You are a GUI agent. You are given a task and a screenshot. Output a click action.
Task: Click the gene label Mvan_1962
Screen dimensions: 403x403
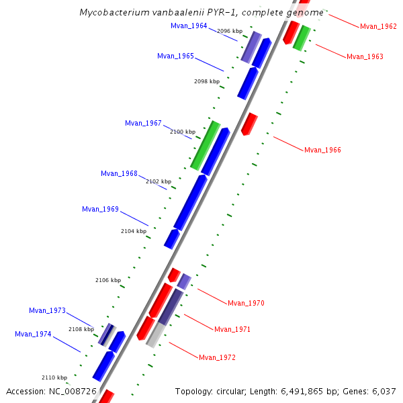378,26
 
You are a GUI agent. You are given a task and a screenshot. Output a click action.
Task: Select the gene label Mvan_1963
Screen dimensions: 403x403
365,56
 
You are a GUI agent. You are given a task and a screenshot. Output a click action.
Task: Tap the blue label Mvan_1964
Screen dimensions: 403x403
189,26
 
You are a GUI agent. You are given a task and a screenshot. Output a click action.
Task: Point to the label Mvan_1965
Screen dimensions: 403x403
175,56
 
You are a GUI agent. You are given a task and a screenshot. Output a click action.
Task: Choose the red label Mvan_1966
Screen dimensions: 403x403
322,150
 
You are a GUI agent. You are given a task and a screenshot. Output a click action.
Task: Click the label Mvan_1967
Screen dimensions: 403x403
143,123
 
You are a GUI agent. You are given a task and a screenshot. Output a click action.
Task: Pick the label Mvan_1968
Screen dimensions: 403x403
119,173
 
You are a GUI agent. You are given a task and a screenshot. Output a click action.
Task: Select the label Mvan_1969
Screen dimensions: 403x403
100,209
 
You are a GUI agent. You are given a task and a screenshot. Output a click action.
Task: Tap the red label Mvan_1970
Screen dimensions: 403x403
246,303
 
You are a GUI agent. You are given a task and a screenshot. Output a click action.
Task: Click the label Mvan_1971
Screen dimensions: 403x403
232,329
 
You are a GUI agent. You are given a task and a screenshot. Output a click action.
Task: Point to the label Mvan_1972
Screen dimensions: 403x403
217,357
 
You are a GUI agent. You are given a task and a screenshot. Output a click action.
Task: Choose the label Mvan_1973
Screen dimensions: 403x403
47,310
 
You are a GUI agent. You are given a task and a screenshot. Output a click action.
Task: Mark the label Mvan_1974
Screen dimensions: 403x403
33,334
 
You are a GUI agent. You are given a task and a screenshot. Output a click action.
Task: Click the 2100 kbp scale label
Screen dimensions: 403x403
183,132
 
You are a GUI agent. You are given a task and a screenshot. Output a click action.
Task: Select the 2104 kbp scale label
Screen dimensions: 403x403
134,231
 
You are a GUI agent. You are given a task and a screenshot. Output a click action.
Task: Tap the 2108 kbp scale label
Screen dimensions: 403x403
81,329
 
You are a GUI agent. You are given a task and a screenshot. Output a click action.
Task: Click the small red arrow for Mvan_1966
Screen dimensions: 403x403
249,124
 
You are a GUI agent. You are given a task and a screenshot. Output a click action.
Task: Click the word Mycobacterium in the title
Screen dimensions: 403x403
110,12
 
